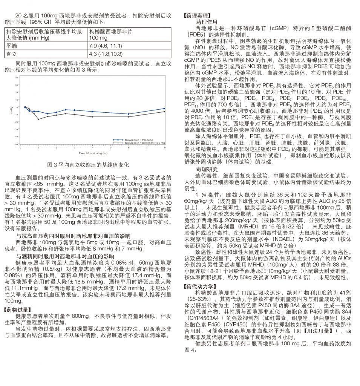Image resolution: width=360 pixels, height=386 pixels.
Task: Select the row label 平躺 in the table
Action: coord(12,46)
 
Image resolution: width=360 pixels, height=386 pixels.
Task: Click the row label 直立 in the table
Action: coord(12,53)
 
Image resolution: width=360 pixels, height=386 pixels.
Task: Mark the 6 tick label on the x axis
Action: coord(128,149)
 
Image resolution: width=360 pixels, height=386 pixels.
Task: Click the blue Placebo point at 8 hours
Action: coord(164,109)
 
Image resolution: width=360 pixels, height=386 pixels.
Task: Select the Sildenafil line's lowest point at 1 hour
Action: coord(38,119)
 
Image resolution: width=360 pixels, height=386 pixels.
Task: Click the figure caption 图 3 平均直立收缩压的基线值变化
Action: coord(89,165)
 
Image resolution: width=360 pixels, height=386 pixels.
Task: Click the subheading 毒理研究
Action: coord(207,169)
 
